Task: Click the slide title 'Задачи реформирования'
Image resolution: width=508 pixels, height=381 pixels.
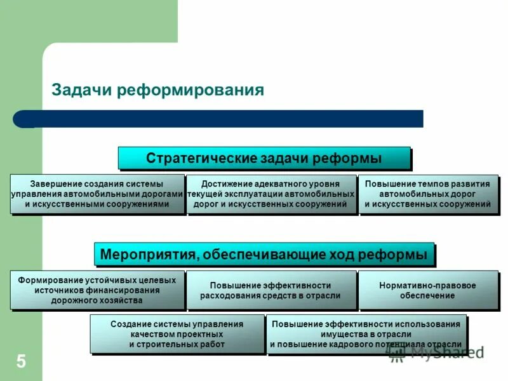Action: (157, 90)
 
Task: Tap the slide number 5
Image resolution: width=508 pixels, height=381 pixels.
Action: (21, 363)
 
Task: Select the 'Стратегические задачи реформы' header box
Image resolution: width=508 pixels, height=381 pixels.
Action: (264, 157)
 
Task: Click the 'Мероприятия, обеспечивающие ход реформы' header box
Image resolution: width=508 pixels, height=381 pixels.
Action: (264, 254)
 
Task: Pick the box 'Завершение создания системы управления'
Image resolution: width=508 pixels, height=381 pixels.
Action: (97, 194)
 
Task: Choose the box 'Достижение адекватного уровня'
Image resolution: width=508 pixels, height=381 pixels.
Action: (272, 194)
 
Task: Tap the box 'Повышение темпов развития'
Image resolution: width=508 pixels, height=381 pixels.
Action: (428, 194)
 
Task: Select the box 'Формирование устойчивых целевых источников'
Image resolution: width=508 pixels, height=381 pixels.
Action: (97, 290)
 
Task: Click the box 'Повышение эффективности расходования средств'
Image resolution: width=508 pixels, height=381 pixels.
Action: (272, 290)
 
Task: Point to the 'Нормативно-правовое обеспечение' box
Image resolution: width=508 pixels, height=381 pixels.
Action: (428, 290)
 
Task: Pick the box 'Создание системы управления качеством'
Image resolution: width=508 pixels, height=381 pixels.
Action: (177, 334)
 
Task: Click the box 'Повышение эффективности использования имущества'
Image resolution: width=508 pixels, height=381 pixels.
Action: (366, 334)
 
